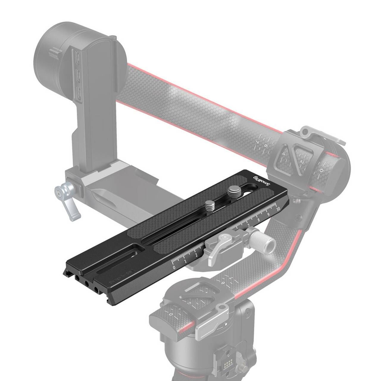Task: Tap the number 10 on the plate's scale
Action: (x=278, y=208)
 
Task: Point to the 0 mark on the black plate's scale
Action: (x=174, y=267)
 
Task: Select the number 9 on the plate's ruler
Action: (x=269, y=214)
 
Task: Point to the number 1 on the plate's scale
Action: (x=185, y=261)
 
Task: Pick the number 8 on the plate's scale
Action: (x=259, y=220)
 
